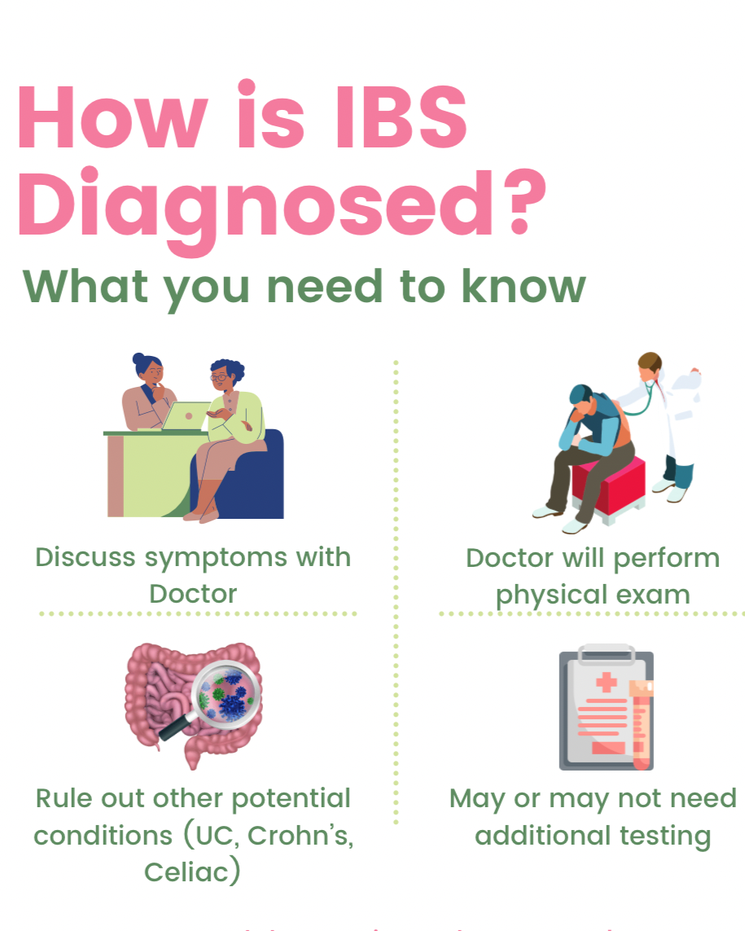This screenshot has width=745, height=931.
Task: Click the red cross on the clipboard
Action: point(605,682)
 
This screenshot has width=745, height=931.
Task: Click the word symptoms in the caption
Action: point(217,559)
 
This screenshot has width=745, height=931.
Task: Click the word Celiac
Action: point(193,872)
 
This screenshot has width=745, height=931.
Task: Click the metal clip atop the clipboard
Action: point(606,654)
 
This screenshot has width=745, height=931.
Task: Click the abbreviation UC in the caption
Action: point(217,836)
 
